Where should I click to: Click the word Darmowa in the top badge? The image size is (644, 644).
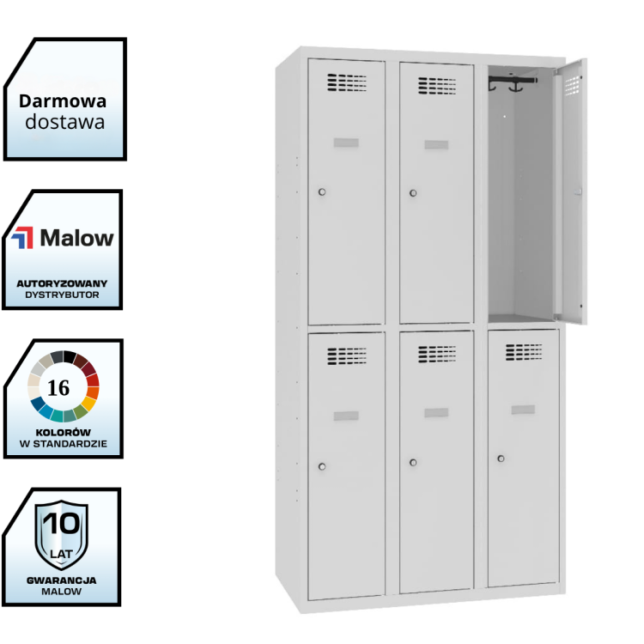click(x=63, y=101)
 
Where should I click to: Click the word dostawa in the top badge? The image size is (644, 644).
click(x=64, y=122)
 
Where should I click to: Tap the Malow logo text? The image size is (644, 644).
click(x=77, y=238)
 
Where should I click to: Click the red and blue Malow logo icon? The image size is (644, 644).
click(x=23, y=238)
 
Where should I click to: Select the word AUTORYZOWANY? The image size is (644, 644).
click(x=62, y=283)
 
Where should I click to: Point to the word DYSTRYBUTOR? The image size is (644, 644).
click(x=62, y=295)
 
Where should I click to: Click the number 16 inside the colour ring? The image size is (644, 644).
click(x=59, y=387)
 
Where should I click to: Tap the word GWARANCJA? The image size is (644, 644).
click(x=62, y=580)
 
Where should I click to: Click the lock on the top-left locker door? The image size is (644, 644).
click(x=322, y=192)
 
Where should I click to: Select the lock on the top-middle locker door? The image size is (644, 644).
click(x=413, y=192)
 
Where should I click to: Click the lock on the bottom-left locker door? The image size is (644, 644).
click(x=322, y=466)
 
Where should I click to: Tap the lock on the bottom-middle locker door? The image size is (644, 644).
click(x=413, y=462)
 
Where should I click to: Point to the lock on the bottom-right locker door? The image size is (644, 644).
click(x=501, y=459)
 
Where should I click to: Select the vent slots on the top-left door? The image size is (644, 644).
click(x=347, y=82)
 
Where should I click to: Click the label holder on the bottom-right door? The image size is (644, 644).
click(x=522, y=410)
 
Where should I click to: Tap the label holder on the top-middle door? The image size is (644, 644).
click(x=435, y=144)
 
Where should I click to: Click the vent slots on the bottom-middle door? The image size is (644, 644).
click(x=436, y=354)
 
